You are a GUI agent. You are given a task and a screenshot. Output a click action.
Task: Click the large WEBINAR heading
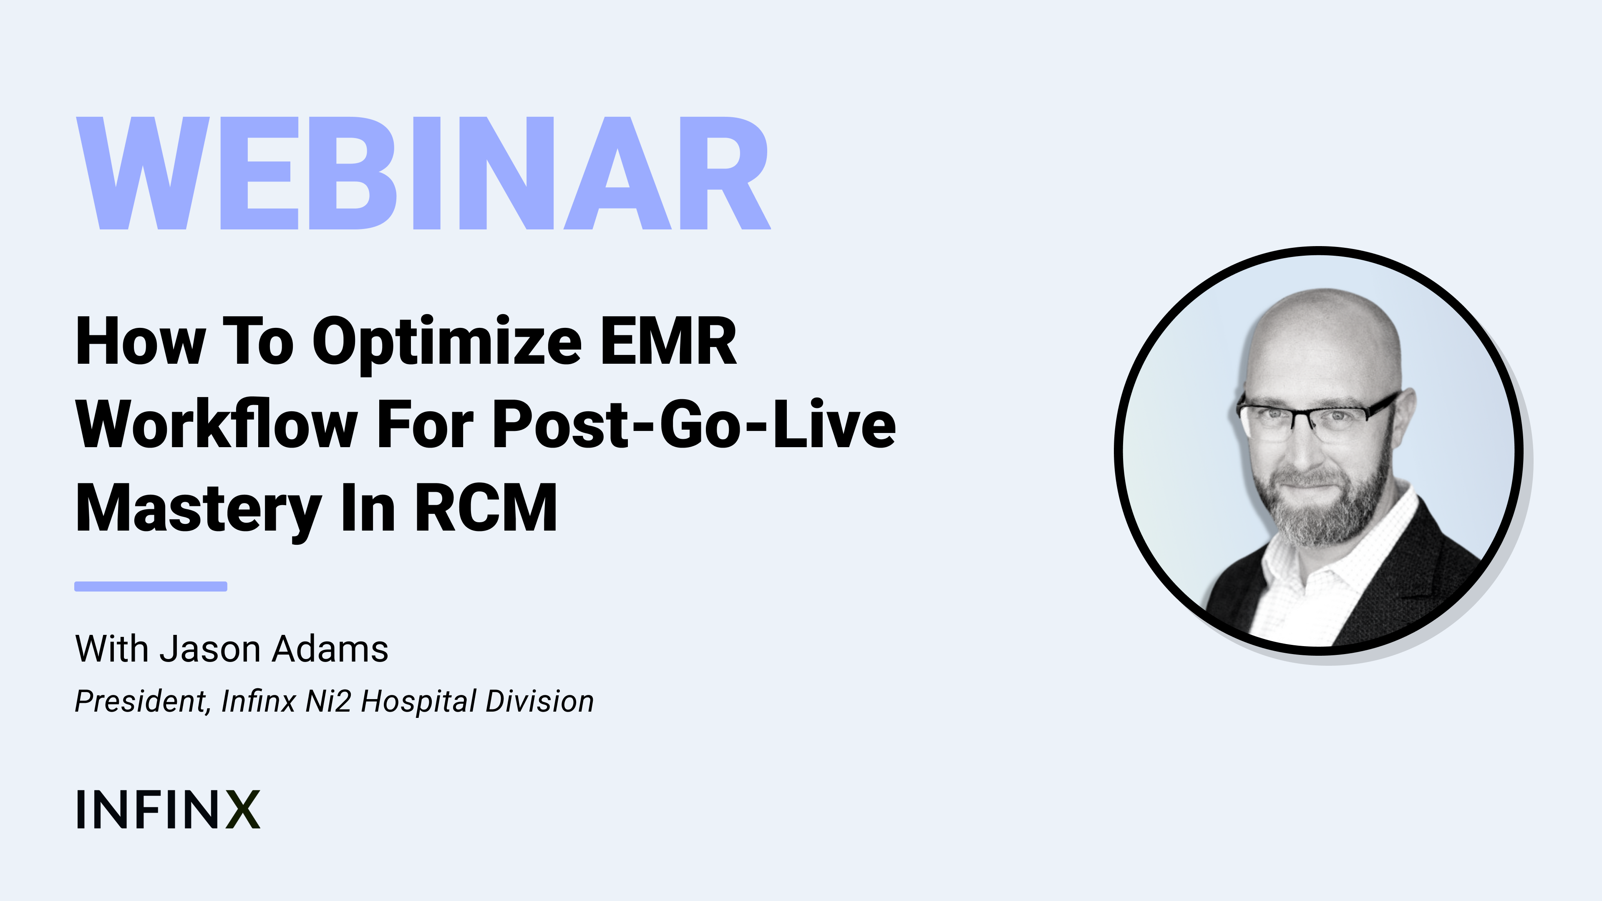pos(423,173)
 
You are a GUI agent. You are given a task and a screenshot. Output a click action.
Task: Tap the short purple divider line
pos(151,586)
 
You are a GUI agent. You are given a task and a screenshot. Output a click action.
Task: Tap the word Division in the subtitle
pos(540,701)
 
